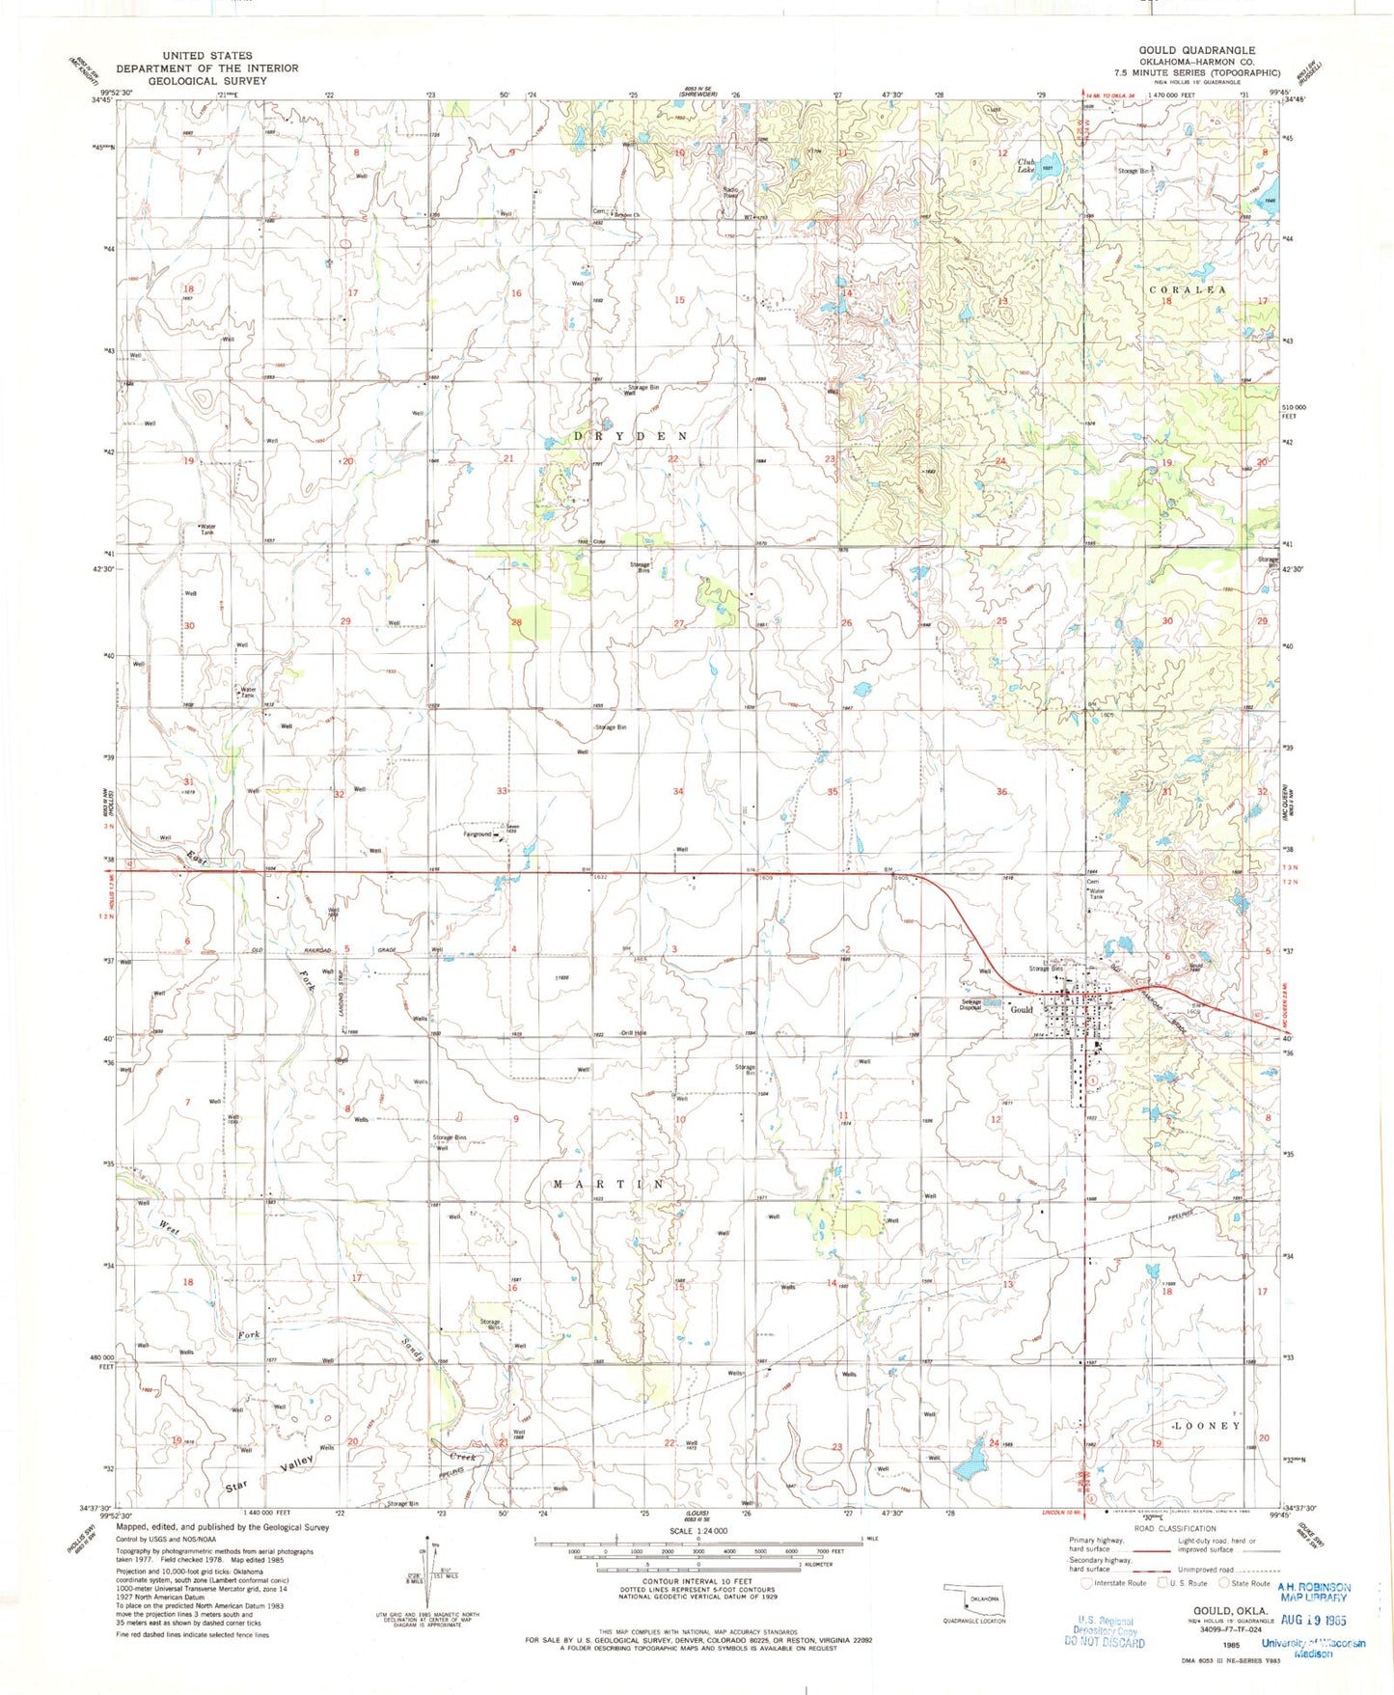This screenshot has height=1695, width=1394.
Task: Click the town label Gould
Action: tap(1021, 1010)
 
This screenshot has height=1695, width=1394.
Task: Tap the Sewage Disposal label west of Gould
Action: tap(970, 1004)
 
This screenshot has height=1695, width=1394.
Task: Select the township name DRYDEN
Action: tap(631, 436)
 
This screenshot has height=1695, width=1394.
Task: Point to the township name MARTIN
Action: tap(609, 1184)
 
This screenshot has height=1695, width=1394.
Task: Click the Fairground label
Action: tap(478, 834)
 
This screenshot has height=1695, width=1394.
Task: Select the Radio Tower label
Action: tap(731, 192)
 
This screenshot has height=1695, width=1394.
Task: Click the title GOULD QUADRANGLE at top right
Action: tap(1196, 50)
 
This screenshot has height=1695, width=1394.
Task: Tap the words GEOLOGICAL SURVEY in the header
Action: tap(207, 81)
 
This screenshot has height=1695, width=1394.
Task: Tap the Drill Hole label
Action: tap(634, 1033)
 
